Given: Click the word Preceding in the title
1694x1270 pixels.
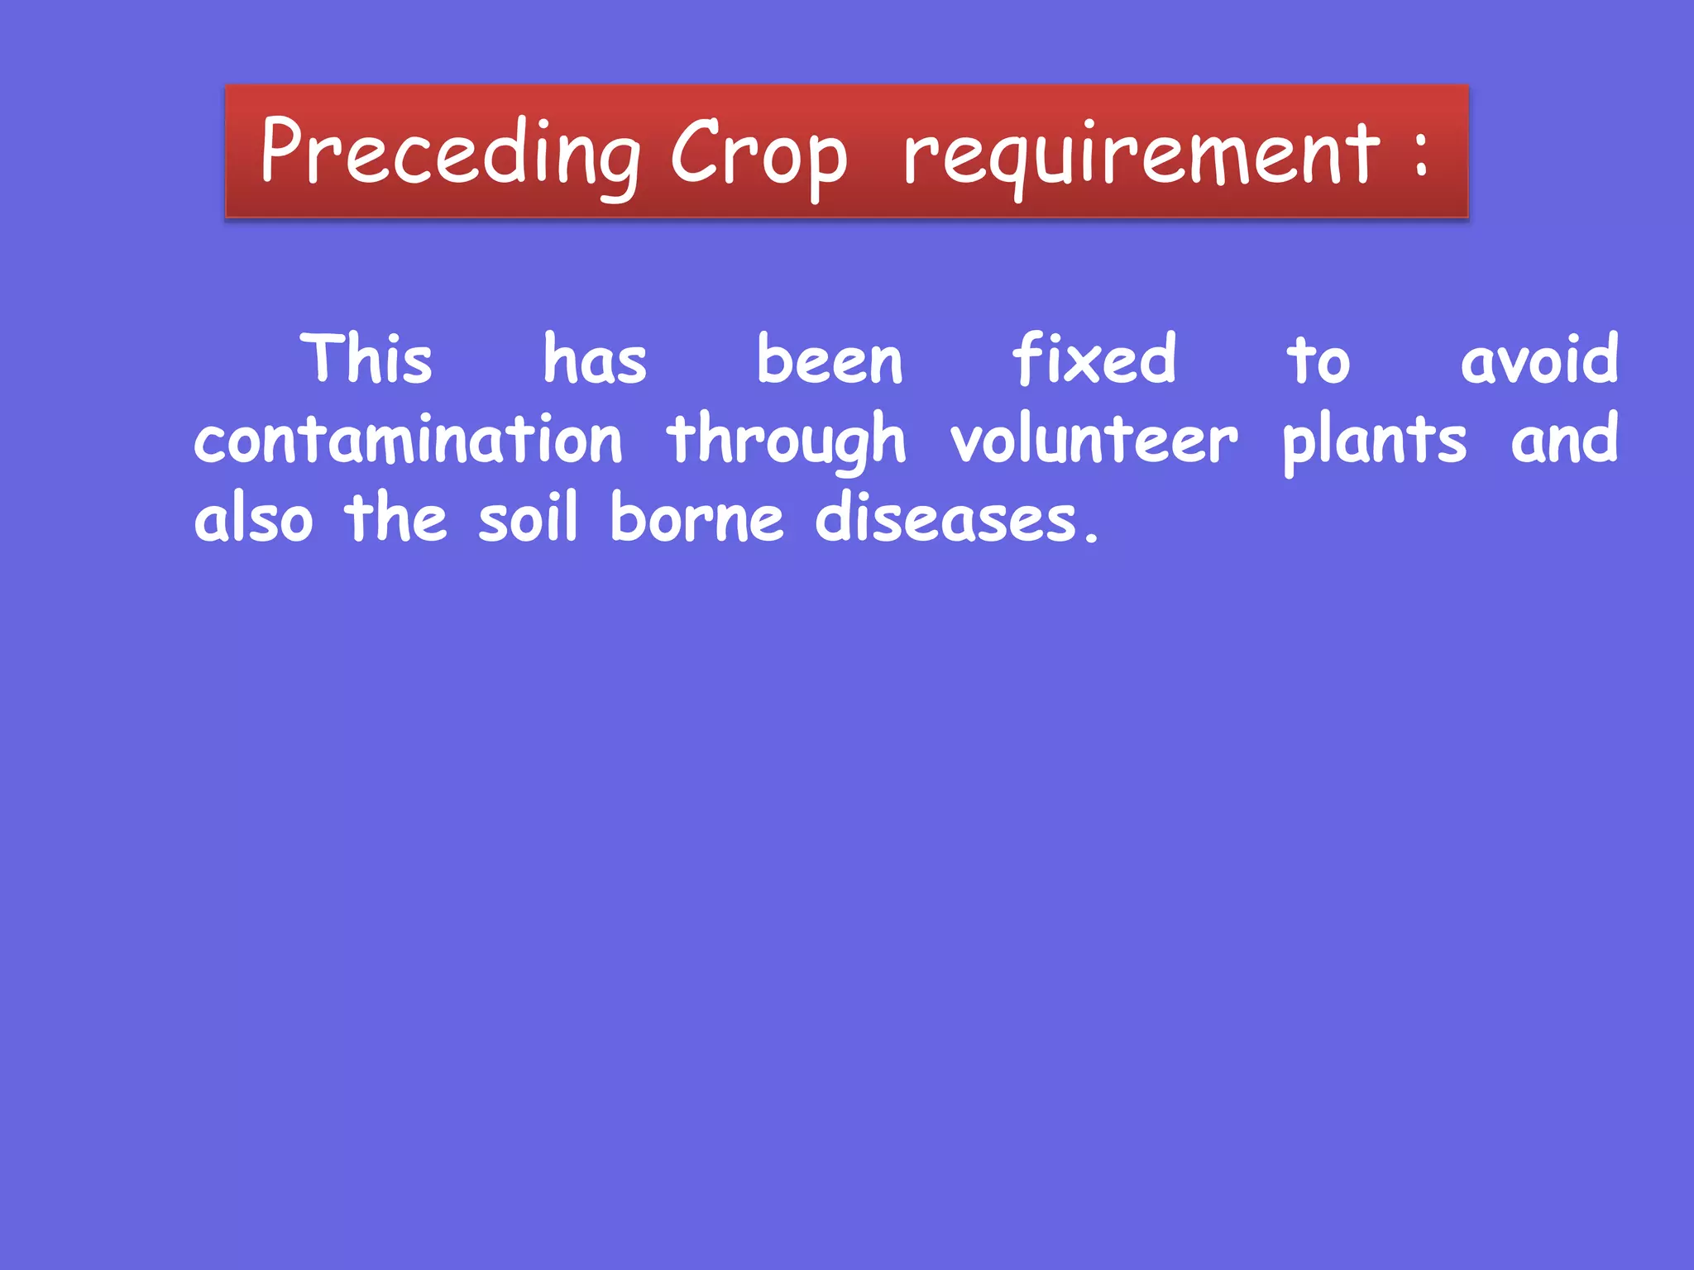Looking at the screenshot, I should point(451,153).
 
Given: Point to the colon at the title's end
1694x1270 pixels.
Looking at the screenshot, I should point(1420,153).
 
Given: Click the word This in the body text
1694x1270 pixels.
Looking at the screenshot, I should point(366,360).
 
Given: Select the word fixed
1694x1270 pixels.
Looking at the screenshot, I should point(1093,360).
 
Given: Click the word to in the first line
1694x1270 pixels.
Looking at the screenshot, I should point(1318,361).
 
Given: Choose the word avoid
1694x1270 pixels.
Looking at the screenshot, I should point(1538,360).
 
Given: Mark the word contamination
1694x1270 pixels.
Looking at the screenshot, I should point(408,439).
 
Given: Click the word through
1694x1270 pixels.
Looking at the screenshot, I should point(787,441).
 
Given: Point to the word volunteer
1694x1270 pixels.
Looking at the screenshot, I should point(1093,439).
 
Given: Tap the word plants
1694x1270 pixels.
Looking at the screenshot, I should point(1374,441).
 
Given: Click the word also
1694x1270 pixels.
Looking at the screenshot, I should point(254,518).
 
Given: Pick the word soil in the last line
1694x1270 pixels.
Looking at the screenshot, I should point(527,518).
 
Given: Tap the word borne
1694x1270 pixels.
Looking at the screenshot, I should point(696,518).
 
